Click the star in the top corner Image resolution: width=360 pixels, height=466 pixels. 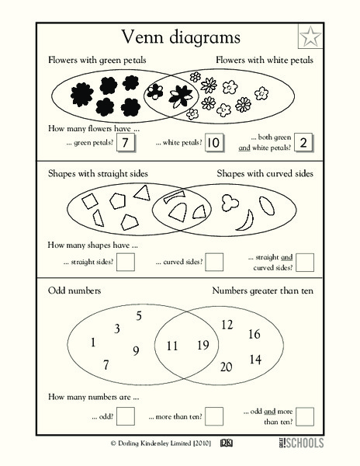[x=310, y=37]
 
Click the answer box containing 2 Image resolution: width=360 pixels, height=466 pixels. [x=303, y=141]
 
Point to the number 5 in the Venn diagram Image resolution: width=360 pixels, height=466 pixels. [x=139, y=315]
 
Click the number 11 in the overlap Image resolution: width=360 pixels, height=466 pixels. [x=172, y=345]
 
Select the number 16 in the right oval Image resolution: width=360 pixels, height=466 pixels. [x=254, y=335]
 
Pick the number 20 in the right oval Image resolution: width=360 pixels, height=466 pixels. [x=227, y=367]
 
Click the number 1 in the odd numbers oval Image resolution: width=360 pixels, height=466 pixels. [x=93, y=342]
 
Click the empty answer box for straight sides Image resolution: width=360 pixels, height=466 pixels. [x=125, y=263]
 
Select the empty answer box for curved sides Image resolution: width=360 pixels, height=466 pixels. [x=214, y=263]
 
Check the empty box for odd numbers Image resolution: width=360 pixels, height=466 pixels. [x=125, y=416]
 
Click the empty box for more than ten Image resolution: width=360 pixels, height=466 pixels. [x=215, y=416]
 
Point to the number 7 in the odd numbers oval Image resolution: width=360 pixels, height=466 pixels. [x=106, y=364]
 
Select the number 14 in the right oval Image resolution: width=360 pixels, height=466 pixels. [x=255, y=360]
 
